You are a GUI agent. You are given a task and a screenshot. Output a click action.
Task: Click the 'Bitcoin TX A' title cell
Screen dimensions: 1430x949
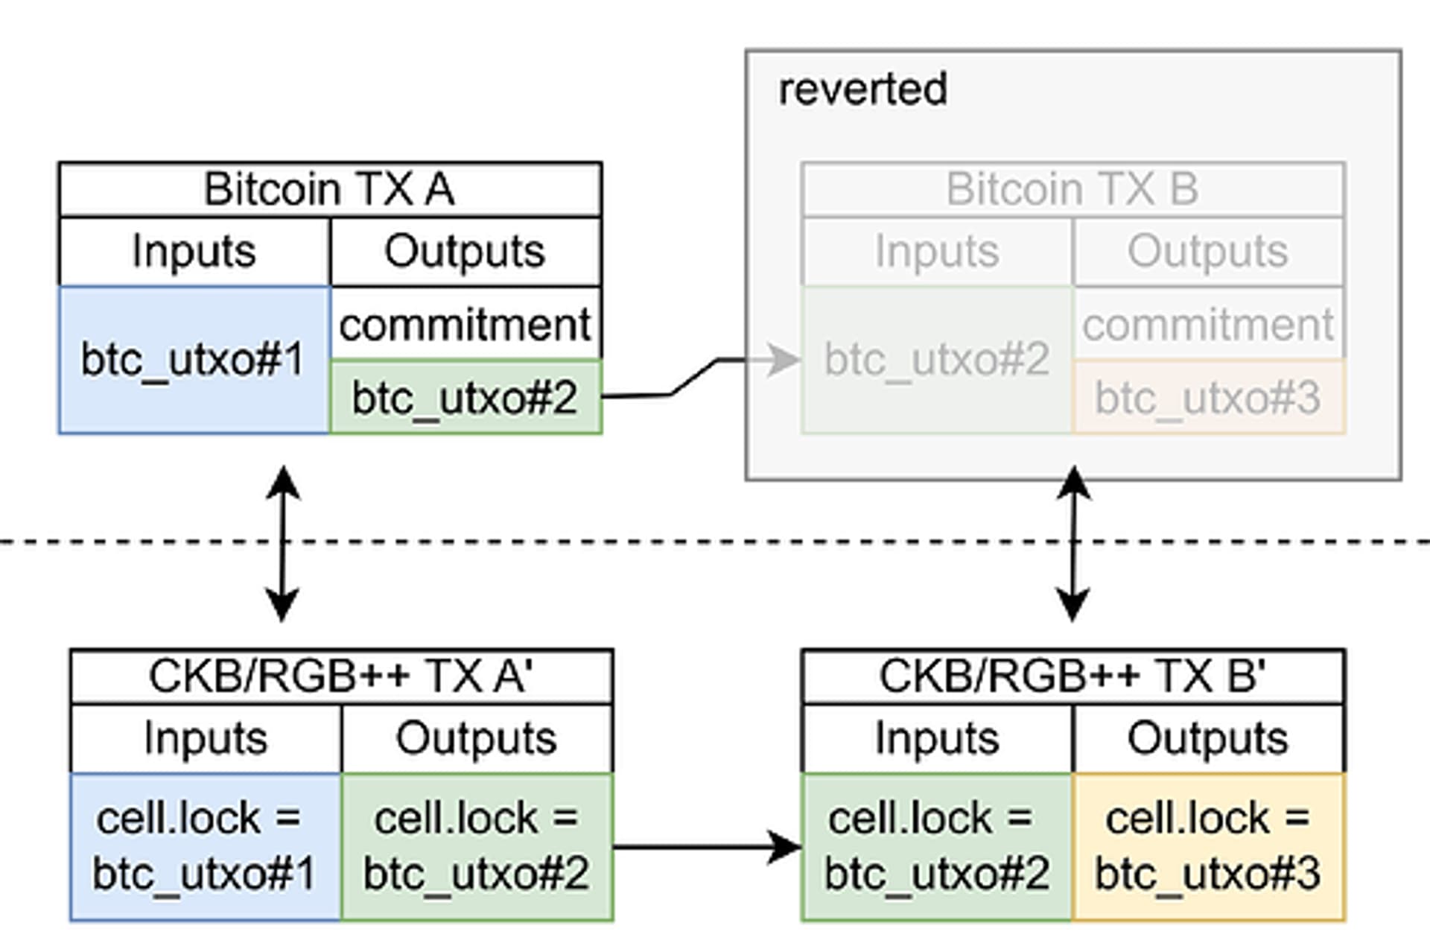[x=330, y=189]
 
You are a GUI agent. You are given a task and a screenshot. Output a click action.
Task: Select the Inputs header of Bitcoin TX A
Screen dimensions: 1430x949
[x=194, y=252]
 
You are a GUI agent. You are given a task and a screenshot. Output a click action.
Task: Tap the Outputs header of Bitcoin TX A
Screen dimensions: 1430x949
[x=465, y=252]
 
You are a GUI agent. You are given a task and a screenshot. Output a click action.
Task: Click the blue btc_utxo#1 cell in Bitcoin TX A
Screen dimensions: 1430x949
[x=194, y=360]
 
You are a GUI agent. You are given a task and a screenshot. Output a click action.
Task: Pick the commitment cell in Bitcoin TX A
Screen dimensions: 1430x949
[x=465, y=324]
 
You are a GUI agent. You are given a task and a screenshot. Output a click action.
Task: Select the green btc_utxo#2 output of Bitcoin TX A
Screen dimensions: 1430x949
[x=465, y=397]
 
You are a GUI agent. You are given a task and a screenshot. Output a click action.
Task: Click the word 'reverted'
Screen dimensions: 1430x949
[x=862, y=89]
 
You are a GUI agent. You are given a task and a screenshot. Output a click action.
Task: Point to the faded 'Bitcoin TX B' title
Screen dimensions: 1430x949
[x=1072, y=189]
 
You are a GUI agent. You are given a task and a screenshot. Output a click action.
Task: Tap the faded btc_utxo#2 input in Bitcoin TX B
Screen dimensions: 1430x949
[x=937, y=360]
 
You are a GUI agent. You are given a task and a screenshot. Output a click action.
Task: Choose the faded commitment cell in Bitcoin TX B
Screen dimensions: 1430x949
[x=1208, y=324]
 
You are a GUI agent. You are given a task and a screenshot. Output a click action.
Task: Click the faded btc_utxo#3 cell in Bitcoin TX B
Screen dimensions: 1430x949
[x=1208, y=397]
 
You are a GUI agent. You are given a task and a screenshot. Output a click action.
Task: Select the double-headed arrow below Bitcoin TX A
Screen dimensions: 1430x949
[x=283, y=544]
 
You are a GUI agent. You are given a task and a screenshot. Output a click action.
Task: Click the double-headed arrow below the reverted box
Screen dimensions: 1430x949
[x=1073, y=544]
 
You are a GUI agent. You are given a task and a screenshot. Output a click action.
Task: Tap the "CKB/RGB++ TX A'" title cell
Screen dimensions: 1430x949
[x=341, y=676]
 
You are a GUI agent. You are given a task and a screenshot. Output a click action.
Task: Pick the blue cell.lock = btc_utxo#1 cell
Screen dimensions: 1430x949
[x=206, y=847]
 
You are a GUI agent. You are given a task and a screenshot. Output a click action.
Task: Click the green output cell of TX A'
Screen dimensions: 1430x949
[x=477, y=847]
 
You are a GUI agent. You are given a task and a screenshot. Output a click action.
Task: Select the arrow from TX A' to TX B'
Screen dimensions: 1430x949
[x=708, y=847]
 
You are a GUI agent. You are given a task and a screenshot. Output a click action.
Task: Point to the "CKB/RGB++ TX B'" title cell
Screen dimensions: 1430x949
[x=1072, y=676]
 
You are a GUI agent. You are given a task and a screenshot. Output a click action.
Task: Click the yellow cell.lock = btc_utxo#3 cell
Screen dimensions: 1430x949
[x=1208, y=847]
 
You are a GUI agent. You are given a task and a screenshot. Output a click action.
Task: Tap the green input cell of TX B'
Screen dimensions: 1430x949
[x=937, y=847]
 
